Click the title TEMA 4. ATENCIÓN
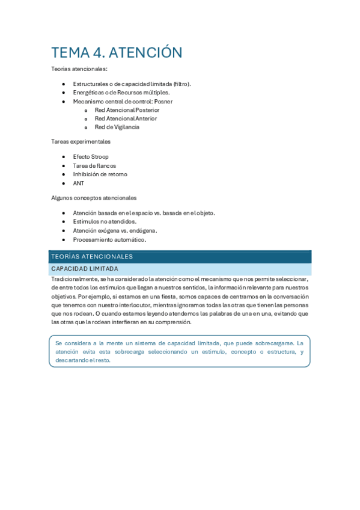(x=117, y=53)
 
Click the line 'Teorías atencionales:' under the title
(x=79, y=69)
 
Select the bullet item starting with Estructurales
(x=132, y=84)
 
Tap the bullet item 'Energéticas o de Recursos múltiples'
(x=121, y=93)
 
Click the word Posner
(x=163, y=102)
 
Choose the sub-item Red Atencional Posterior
(x=127, y=110)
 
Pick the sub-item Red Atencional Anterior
(x=126, y=118)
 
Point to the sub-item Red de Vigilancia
(x=117, y=127)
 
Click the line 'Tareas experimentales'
(x=81, y=142)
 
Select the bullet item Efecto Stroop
(x=91, y=156)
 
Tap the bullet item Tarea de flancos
(x=94, y=165)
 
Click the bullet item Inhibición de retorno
(x=100, y=174)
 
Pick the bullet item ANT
(x=79, y=183)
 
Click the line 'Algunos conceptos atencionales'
(x=94, y=198)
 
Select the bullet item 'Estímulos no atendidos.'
(x=105, y=221)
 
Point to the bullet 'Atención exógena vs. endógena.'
(x=115, y=230)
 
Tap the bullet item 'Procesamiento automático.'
(x=109, y=239)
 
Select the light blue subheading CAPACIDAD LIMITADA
(x=85, y=269)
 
